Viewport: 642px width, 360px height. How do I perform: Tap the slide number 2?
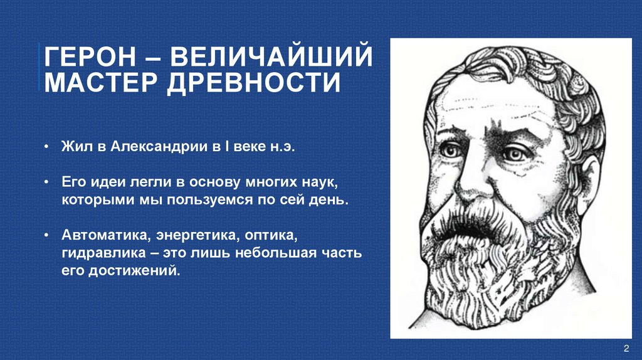point(626,349)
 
